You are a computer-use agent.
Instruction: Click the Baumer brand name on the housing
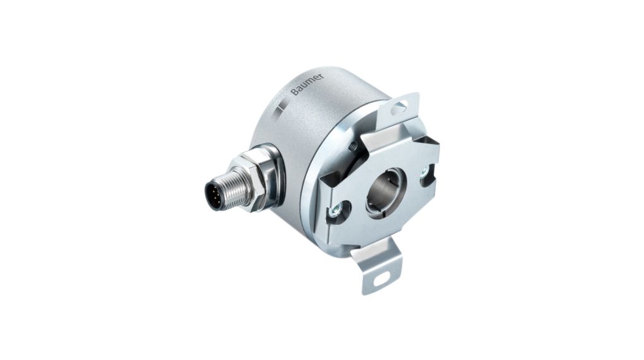click(308, 85)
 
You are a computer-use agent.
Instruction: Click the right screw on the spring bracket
click(429, 171)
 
